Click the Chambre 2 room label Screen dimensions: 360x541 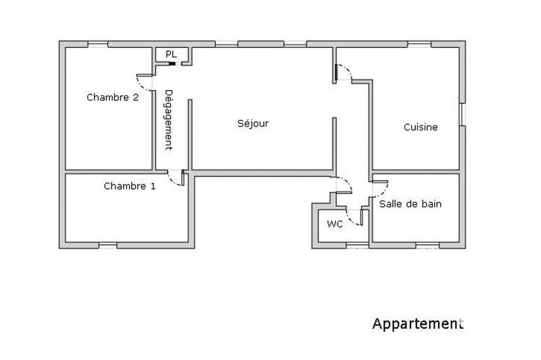pyautogui.click(x=112, y=97)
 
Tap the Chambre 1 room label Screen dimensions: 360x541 pyautogui.click(x=129, y=186)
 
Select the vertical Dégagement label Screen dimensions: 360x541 pyautogui.click(x=169, y=119)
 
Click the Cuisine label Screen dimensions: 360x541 pyautogui.click(x=421, y=127)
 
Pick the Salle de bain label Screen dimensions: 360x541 pyautogui.click(x=410, y=204)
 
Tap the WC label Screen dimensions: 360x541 pyautogui.click(x=334, y=224)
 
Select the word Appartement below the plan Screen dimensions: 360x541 pyautogui.click(x=418, y=324)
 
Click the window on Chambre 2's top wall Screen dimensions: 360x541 pyautogui.click(x=98, y=45)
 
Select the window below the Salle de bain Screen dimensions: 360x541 pyautogui.click(x=425, y=244)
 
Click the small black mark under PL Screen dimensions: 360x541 pyautogui.click(x=173, y=64)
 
